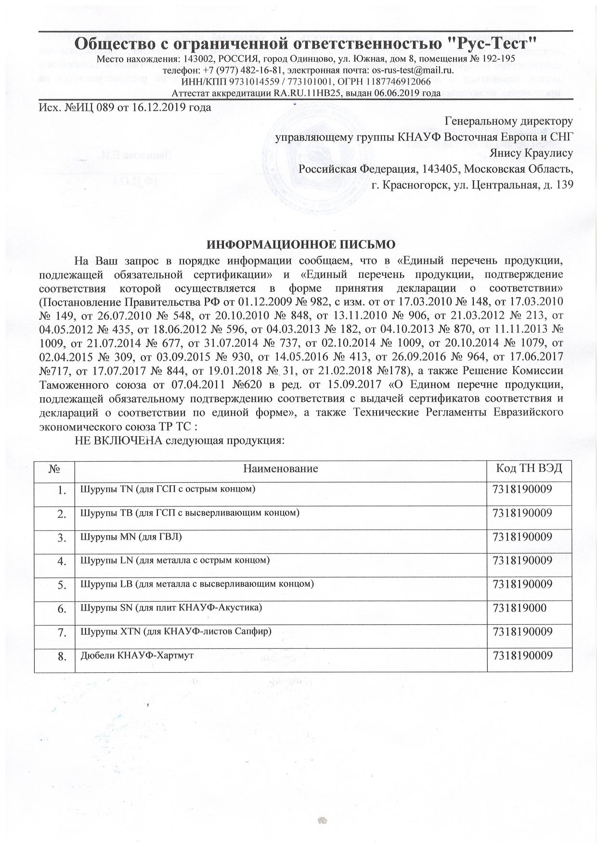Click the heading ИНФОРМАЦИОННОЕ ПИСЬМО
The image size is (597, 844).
[300, 244]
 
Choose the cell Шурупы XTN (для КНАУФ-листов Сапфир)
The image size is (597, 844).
[174, 631]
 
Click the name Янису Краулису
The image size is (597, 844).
[531, 154]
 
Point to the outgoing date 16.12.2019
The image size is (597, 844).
[164, 107]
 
